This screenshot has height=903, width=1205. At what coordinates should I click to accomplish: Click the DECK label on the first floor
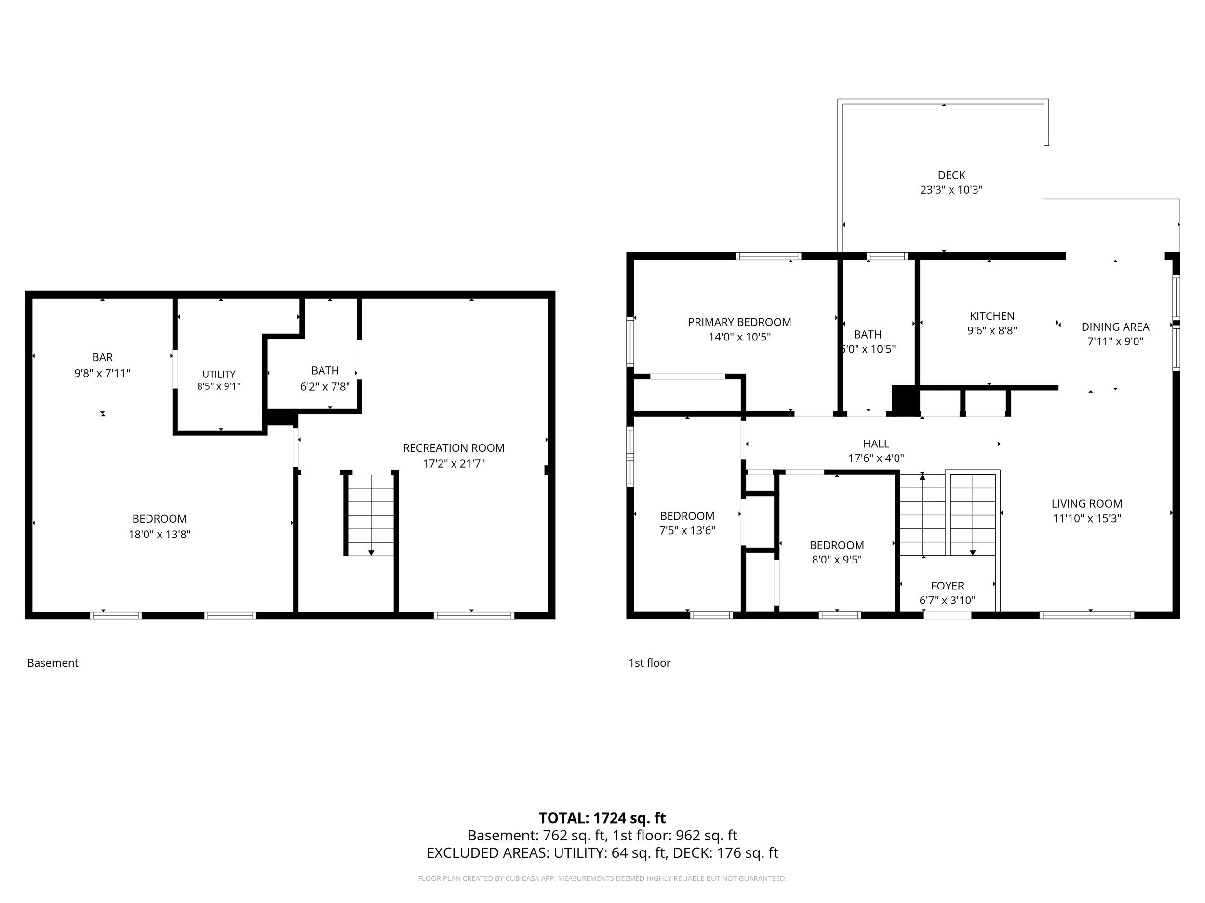pos(951,175)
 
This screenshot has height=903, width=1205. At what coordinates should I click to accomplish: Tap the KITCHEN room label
pos(992,316)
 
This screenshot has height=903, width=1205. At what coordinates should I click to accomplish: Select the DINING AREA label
pos(1115,327)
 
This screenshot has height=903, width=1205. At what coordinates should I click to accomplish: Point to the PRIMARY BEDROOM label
pos(739,322)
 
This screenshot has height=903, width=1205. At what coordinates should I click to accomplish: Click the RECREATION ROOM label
pos(454,448)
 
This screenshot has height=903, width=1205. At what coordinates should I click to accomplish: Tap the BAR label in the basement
pos(102,358)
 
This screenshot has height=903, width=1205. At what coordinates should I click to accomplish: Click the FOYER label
pos(947,586)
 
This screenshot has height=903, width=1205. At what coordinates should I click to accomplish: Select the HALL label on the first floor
pos(876,444)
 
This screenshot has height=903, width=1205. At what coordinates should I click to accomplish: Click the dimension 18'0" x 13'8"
pos(160,535)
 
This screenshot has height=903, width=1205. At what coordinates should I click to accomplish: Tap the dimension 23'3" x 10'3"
pos(951,190)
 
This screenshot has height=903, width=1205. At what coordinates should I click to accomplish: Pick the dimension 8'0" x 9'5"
pos(837,560)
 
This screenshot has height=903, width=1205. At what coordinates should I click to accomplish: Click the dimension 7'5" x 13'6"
pos(687,530)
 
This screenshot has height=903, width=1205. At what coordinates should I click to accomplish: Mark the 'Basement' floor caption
pos(53,663)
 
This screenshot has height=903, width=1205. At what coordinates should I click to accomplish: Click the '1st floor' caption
pos(649,663)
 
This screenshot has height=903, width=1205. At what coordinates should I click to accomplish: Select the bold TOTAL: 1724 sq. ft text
pos(602,818)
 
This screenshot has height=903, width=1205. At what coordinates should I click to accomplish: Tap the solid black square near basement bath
pos(281,418)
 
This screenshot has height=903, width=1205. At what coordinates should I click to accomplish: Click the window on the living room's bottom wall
pos(1087,615)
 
